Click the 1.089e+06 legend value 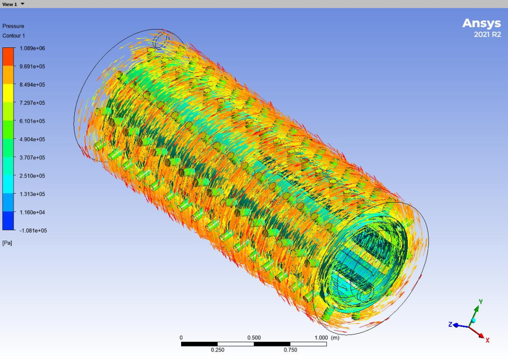32,48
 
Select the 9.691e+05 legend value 32,66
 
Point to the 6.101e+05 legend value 32,121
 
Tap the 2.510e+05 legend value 32,176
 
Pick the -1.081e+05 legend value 33,231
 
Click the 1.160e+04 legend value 32,212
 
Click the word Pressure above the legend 13,26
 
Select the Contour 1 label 13,36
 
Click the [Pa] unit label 7,243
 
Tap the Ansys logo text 481,23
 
